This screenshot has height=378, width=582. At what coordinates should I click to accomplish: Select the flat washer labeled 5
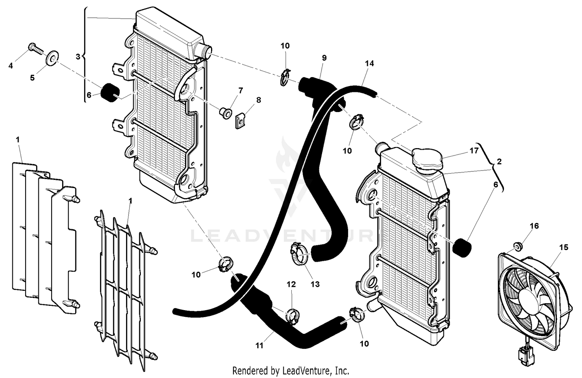point(52,57)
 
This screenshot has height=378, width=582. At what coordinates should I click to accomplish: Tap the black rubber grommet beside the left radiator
point(109,92)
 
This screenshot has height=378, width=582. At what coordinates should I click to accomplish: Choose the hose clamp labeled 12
point(292,315)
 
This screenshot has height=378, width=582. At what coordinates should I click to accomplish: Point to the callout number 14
point(369,63)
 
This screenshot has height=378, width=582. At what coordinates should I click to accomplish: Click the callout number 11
point(259,345)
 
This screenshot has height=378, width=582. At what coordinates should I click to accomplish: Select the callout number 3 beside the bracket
point(78,57)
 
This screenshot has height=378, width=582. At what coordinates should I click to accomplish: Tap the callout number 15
point(564,247)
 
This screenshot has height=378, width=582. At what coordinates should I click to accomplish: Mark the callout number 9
point(324,58)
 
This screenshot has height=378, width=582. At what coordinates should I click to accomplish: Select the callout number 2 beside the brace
point(499,161)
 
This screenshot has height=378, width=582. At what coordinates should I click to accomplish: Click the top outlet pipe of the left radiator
point(204,50)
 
